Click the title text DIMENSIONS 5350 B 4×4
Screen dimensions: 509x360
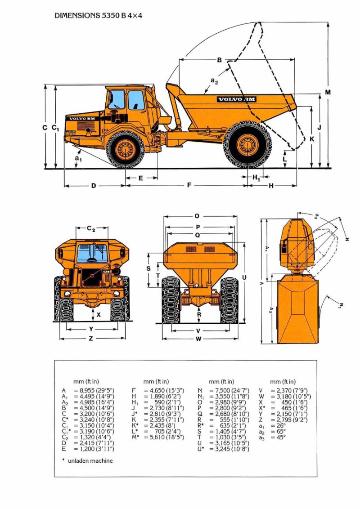click(99, 15)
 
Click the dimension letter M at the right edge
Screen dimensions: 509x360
click(328, 92)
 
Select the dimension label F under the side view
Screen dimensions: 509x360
click(189, 185)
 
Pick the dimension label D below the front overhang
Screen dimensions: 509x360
click(94, 185)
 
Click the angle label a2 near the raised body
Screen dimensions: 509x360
click(214, 81)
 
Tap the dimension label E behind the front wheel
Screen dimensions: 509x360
click(140, 178)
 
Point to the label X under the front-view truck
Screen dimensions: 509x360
click(99, 315)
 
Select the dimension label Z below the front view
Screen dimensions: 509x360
click(91, 338)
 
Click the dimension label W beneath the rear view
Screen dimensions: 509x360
click(198, 339)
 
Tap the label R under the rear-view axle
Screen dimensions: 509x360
click(199, 315)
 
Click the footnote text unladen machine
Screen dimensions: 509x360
click(90, 460)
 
